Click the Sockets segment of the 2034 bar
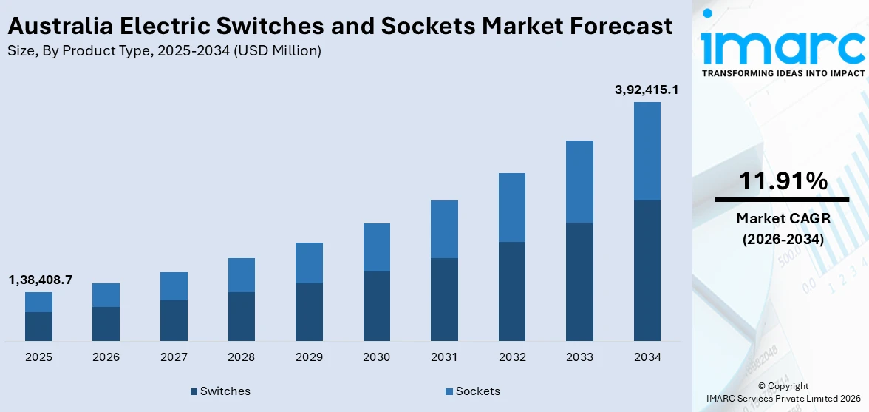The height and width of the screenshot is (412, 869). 647,151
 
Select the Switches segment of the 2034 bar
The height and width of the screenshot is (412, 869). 647,270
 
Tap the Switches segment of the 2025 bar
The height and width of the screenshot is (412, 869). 38,326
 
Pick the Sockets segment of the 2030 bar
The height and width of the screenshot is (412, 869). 376,247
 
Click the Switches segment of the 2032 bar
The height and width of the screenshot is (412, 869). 511,291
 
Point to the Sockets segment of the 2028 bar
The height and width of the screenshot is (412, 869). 241,275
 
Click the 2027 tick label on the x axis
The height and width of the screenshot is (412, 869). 174,357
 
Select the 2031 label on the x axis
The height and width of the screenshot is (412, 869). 444,357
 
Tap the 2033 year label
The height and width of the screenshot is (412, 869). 579,357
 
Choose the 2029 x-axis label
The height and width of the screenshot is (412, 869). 309,357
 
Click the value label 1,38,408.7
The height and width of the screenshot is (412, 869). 41,280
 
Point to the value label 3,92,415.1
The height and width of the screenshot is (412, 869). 647,90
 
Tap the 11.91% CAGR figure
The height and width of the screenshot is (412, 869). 782,180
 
